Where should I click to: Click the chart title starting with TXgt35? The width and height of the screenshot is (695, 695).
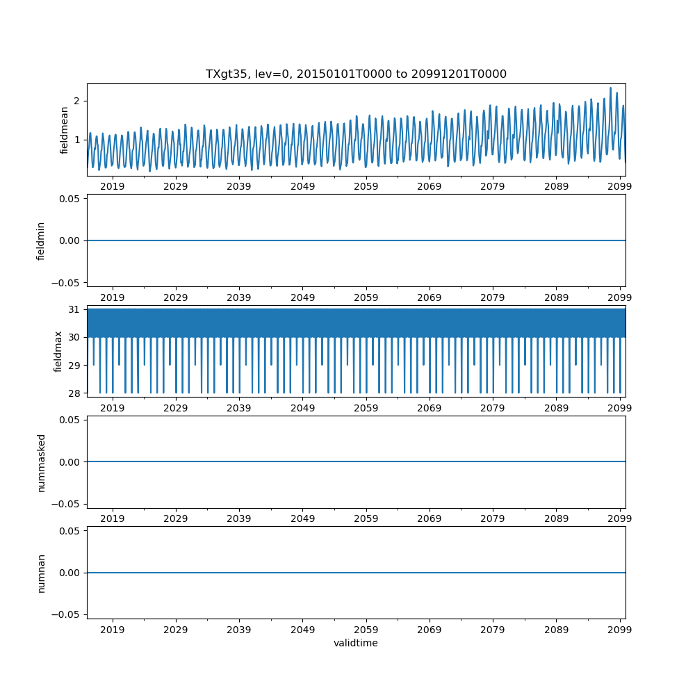[x=356, y=74]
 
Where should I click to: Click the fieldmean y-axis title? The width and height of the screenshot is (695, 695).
[x=65, y=130]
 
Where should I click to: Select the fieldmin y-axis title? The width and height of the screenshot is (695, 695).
[x=41, y=240]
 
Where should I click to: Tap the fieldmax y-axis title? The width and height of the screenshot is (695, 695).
[x=58, y=351]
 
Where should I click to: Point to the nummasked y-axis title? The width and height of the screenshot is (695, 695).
[x=41, y=462]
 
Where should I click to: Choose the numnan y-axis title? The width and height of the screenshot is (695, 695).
[x=41, y=573]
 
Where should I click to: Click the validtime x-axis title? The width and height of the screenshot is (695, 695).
[x=356, y=643]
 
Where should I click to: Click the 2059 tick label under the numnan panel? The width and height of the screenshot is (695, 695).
[x=366, y=630]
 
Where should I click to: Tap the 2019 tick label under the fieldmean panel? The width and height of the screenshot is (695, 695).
[x=113, y=186]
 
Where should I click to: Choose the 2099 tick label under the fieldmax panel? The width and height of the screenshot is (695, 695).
[x=620, y=408]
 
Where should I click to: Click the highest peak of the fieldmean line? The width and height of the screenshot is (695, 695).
[x=610, y=88]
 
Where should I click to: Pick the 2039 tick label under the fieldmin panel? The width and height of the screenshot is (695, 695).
[x=239, y=297]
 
